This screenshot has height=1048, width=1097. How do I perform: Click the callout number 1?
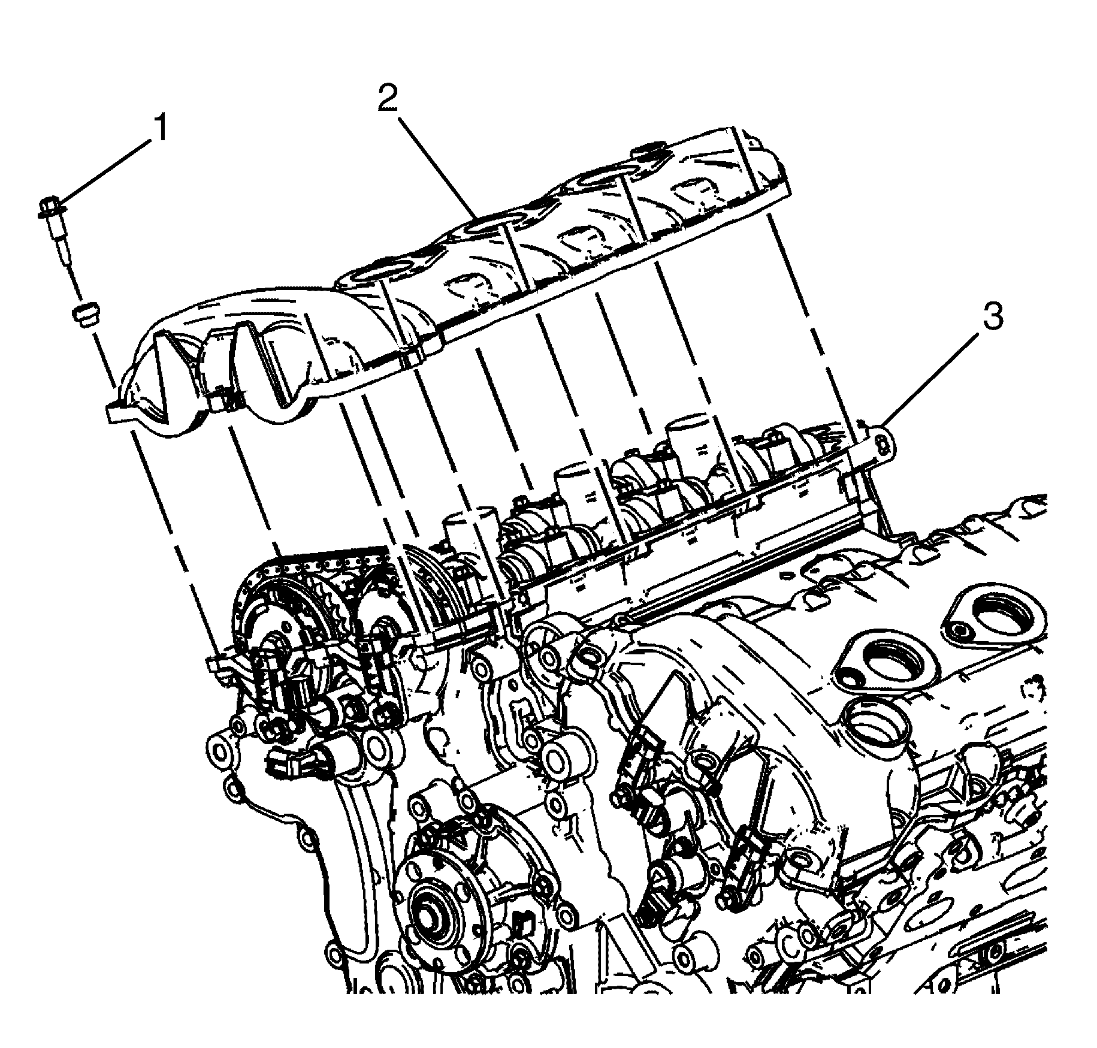click(159, 129)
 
